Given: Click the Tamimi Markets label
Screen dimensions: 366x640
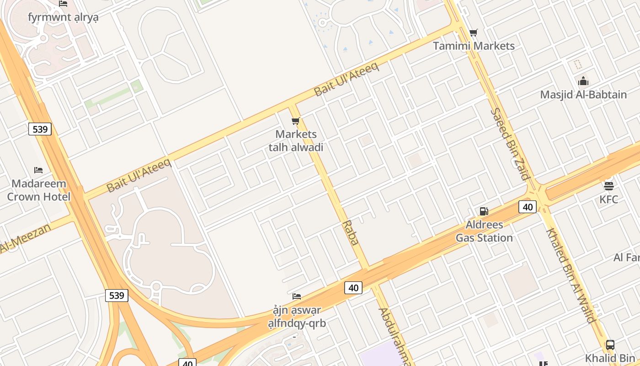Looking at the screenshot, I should tap(474, 46).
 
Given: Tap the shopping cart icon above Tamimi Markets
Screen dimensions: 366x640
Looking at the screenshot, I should tap(474, 32).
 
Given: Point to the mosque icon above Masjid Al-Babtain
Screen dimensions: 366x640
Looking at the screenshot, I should tap(583, 81).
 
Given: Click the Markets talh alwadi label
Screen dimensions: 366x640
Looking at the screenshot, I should tap(296, 140).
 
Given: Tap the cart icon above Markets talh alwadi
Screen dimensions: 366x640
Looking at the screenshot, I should tap(296, 121).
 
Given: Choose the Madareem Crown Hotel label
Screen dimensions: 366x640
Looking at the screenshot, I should tap(39, 190).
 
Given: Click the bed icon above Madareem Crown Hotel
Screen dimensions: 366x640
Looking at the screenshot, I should tap(38, 170).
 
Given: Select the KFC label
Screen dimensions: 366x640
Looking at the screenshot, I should tap(609, 199).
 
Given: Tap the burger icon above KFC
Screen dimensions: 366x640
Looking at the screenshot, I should tap(609, 186).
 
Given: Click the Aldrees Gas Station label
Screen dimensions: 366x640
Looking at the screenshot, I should tap(484, 231).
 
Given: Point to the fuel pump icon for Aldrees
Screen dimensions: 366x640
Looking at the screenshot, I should tap(484, 211).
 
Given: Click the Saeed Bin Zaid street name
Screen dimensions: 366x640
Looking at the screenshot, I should tap(510, 144).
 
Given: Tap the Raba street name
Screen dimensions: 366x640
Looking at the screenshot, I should tap(351, 233).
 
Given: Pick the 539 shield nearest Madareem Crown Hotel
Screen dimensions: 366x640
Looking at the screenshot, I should tap(40, 129).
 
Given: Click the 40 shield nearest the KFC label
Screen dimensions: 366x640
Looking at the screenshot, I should tap(528, 207).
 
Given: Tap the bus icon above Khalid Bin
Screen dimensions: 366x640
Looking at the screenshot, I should tap(610, 345).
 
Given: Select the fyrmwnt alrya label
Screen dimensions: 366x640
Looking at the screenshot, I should tap(63, 17).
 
